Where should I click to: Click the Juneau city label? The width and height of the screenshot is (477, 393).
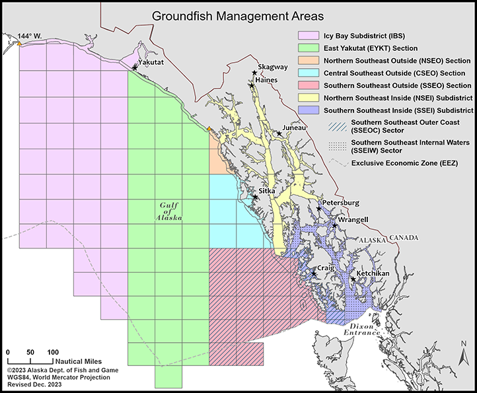(x=294, y=127)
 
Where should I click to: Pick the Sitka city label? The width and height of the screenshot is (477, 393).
(x=267, y=190)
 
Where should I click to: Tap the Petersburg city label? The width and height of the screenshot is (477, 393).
(x=340, y=202)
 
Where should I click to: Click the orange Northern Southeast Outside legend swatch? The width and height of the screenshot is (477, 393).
(x=306, y=61)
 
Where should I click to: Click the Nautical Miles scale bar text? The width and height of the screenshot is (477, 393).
(x=78, y=361)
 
